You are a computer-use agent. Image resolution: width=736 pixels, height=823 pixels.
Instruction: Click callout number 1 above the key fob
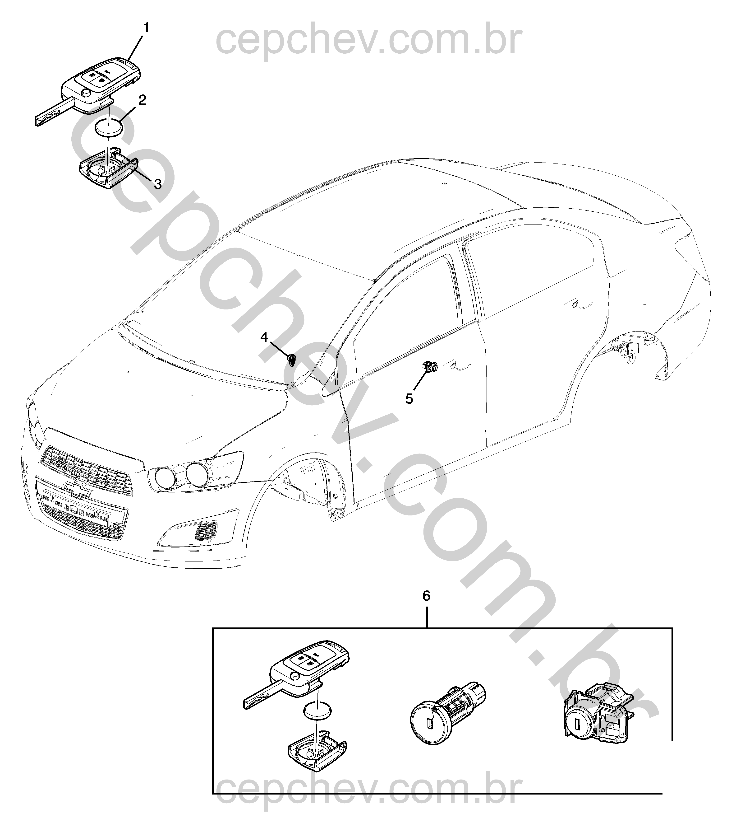146,28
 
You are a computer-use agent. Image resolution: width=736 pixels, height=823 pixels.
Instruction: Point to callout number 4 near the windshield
264,337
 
